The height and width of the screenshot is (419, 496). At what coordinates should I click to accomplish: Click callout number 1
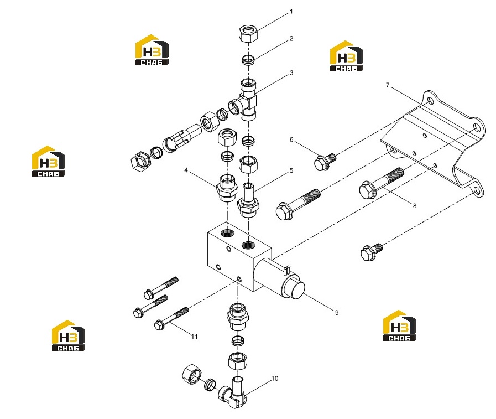coord(291,12)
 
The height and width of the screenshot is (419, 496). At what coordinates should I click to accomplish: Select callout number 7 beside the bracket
coord(388,85)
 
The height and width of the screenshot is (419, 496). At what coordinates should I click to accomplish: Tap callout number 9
coord(337,313)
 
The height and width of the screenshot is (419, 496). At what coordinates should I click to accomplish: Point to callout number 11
coord(195,337)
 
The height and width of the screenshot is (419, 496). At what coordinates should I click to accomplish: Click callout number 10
coord(275,379)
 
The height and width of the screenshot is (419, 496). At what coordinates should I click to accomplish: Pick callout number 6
coord(291,139)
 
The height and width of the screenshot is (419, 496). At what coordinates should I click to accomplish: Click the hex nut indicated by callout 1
coord(248,34)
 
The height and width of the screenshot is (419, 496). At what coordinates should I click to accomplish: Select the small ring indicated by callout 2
coord(248,60)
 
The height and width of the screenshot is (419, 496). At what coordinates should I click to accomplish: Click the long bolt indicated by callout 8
coord(382,184)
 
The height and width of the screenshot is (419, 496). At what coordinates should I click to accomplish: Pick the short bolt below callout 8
coord(372,252)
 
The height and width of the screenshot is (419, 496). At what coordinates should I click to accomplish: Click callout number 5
coord(291,170)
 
